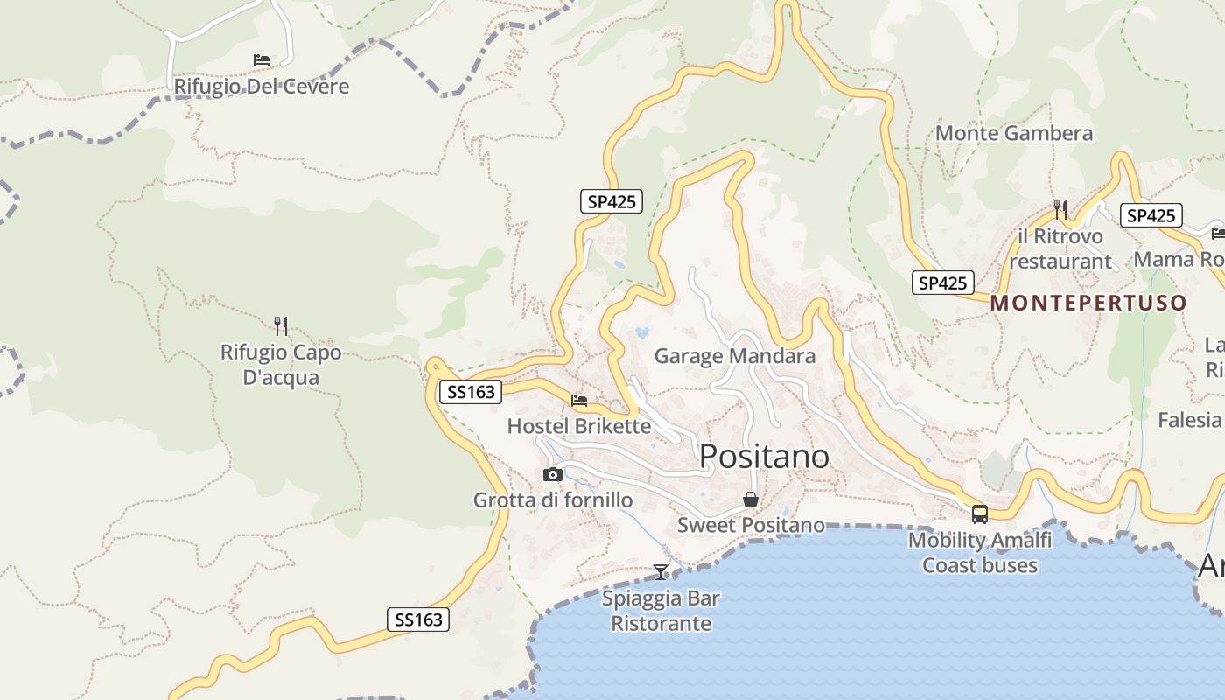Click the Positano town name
click(x=764, y=456)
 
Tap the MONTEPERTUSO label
click(x=1088, y=304)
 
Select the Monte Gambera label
click(x=1014, y=133)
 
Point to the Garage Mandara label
click(x=734, y=356)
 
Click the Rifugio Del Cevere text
click(x=261, y=87)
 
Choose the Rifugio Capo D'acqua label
click(x=281, y=365)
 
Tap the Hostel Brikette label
click(x=578, y=426)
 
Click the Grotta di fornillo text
click(x=552, y=500)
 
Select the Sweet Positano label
click(x=751, y=525)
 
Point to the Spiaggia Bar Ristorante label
click(x=661, y=611)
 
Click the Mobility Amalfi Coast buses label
click(x=979, y=552)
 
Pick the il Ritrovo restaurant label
click(x=1060, y=248)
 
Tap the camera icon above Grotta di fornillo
click(x=553, y=474)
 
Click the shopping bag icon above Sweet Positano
click(x=751, y=500)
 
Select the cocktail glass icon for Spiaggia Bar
click(x=661, y=572)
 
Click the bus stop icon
click(x=979, y=514)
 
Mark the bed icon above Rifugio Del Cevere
click(x=261, y=60)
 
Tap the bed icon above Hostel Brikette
click(x=579, y=401)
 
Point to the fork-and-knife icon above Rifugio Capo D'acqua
click(x=281, y=326)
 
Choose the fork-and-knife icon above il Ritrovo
click(x=1060, y=209)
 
